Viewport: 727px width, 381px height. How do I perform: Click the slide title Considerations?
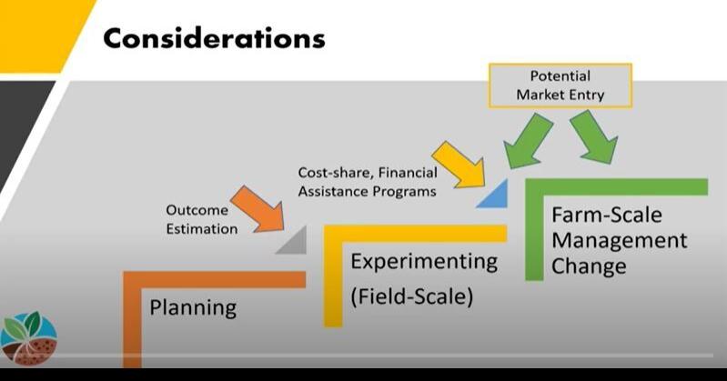coord(213,39)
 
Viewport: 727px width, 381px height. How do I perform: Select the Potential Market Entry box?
coord(560,84)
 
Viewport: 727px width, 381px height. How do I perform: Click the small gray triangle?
coord(293,242)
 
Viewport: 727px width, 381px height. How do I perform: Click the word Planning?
coord(194,306)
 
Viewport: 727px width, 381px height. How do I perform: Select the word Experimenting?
coord(424,262)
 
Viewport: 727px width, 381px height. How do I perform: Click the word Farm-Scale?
coord(607,216)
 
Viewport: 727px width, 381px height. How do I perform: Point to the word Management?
coord(619,241)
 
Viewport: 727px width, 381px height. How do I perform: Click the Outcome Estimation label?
coord(202,219)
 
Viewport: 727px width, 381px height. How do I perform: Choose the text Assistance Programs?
coord(366,192)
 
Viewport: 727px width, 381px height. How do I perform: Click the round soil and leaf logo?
coord(29,339)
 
